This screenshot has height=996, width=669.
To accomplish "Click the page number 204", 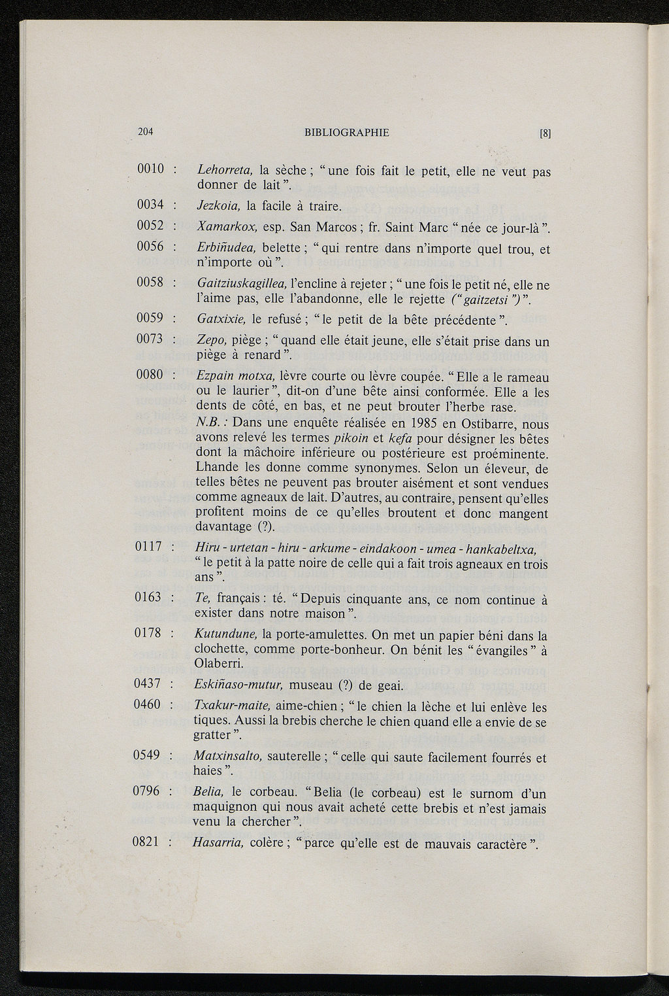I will tap(145, 132).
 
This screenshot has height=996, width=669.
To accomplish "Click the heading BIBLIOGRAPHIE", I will tap(346, 133).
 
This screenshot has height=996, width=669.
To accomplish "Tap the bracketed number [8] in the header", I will tap(546, 133).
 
